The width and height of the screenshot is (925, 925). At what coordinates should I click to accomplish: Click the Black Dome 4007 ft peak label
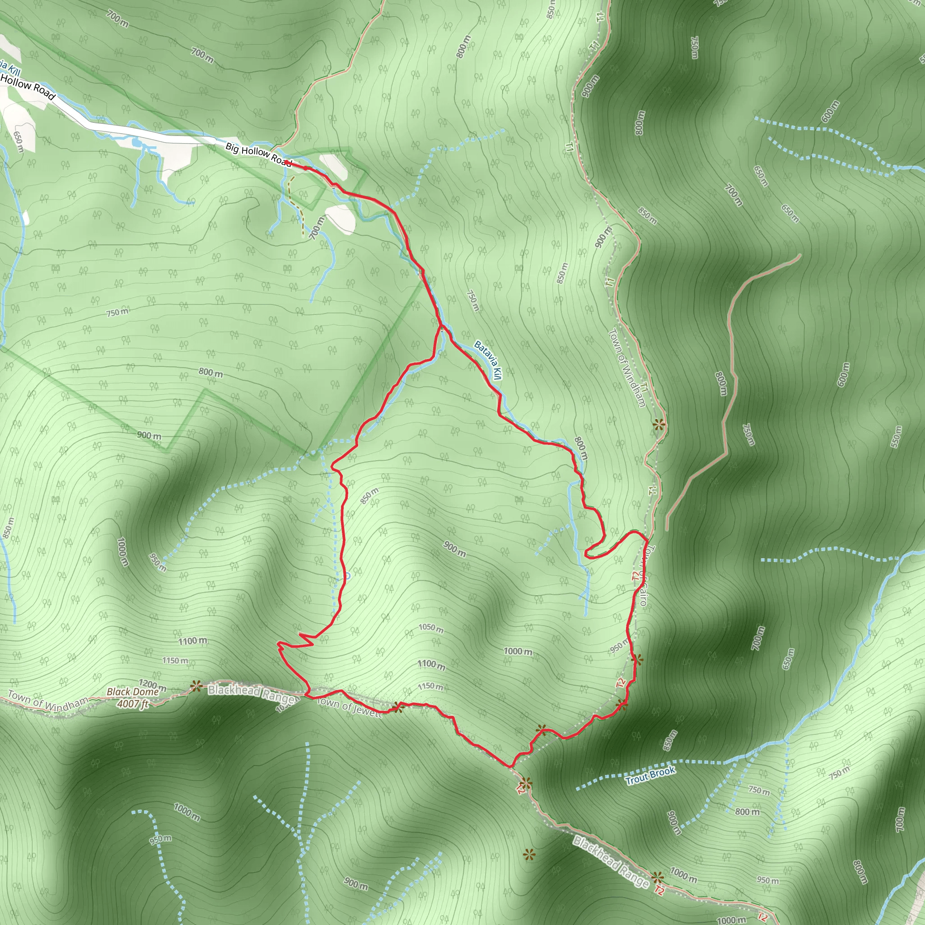pos(133,697)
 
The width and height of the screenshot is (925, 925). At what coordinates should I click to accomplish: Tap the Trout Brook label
pos(650,775)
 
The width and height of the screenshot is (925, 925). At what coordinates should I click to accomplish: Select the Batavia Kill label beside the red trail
pos(487,360)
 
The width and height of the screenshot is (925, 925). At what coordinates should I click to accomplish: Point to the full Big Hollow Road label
pos(258,154)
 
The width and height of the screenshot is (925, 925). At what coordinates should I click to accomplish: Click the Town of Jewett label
pos(350,708)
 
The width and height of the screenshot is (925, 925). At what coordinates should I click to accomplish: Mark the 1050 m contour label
pos(431,628)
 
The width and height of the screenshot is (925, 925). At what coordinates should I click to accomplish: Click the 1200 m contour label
pos(152,685)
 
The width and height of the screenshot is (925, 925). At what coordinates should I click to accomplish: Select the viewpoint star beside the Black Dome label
pos(195,686)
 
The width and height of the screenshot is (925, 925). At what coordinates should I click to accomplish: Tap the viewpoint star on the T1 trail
pos(659,424)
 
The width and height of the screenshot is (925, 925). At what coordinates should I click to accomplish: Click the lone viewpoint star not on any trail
pos(528,855)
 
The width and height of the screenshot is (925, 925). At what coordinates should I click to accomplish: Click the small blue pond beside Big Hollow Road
pos(136,142)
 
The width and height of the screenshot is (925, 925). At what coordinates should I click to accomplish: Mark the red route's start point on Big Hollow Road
pos(304,168)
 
